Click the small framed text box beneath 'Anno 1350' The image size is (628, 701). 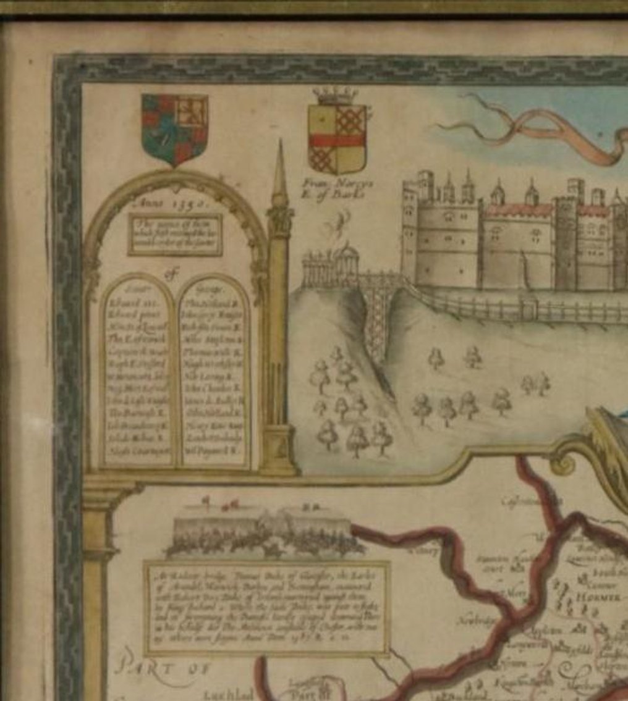[x=175, y=234]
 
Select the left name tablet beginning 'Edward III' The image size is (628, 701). [x=138, y=371]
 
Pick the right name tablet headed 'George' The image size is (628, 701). [x=213, y=371]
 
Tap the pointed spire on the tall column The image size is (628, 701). [x=281, y=173]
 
